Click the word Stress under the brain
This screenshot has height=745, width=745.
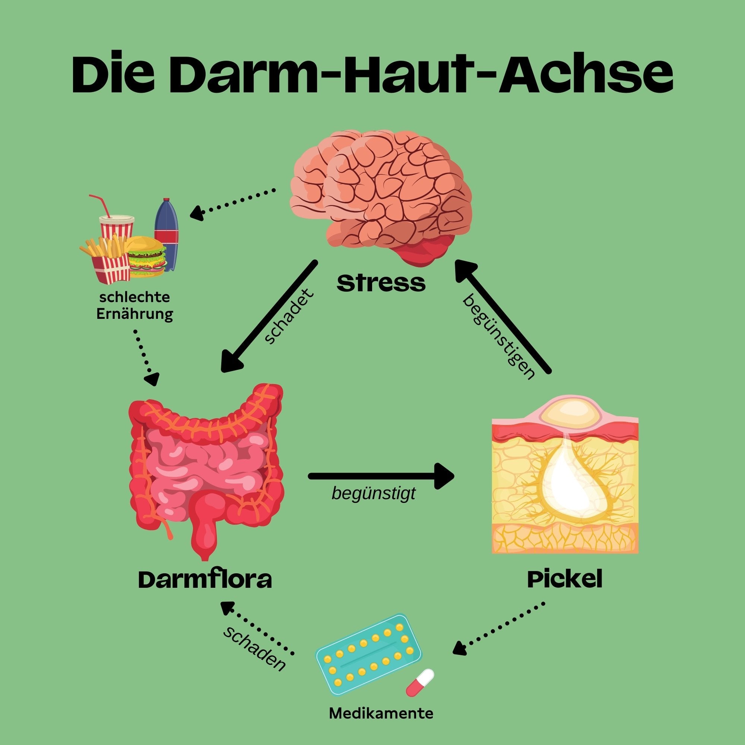coord(381,284)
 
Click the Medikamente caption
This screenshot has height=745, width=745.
coord(381,713)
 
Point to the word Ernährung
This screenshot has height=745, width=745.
coord(134,315)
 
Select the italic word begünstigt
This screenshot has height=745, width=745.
coord(373,493)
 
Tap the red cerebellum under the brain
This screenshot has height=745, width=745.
coord(424,251)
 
